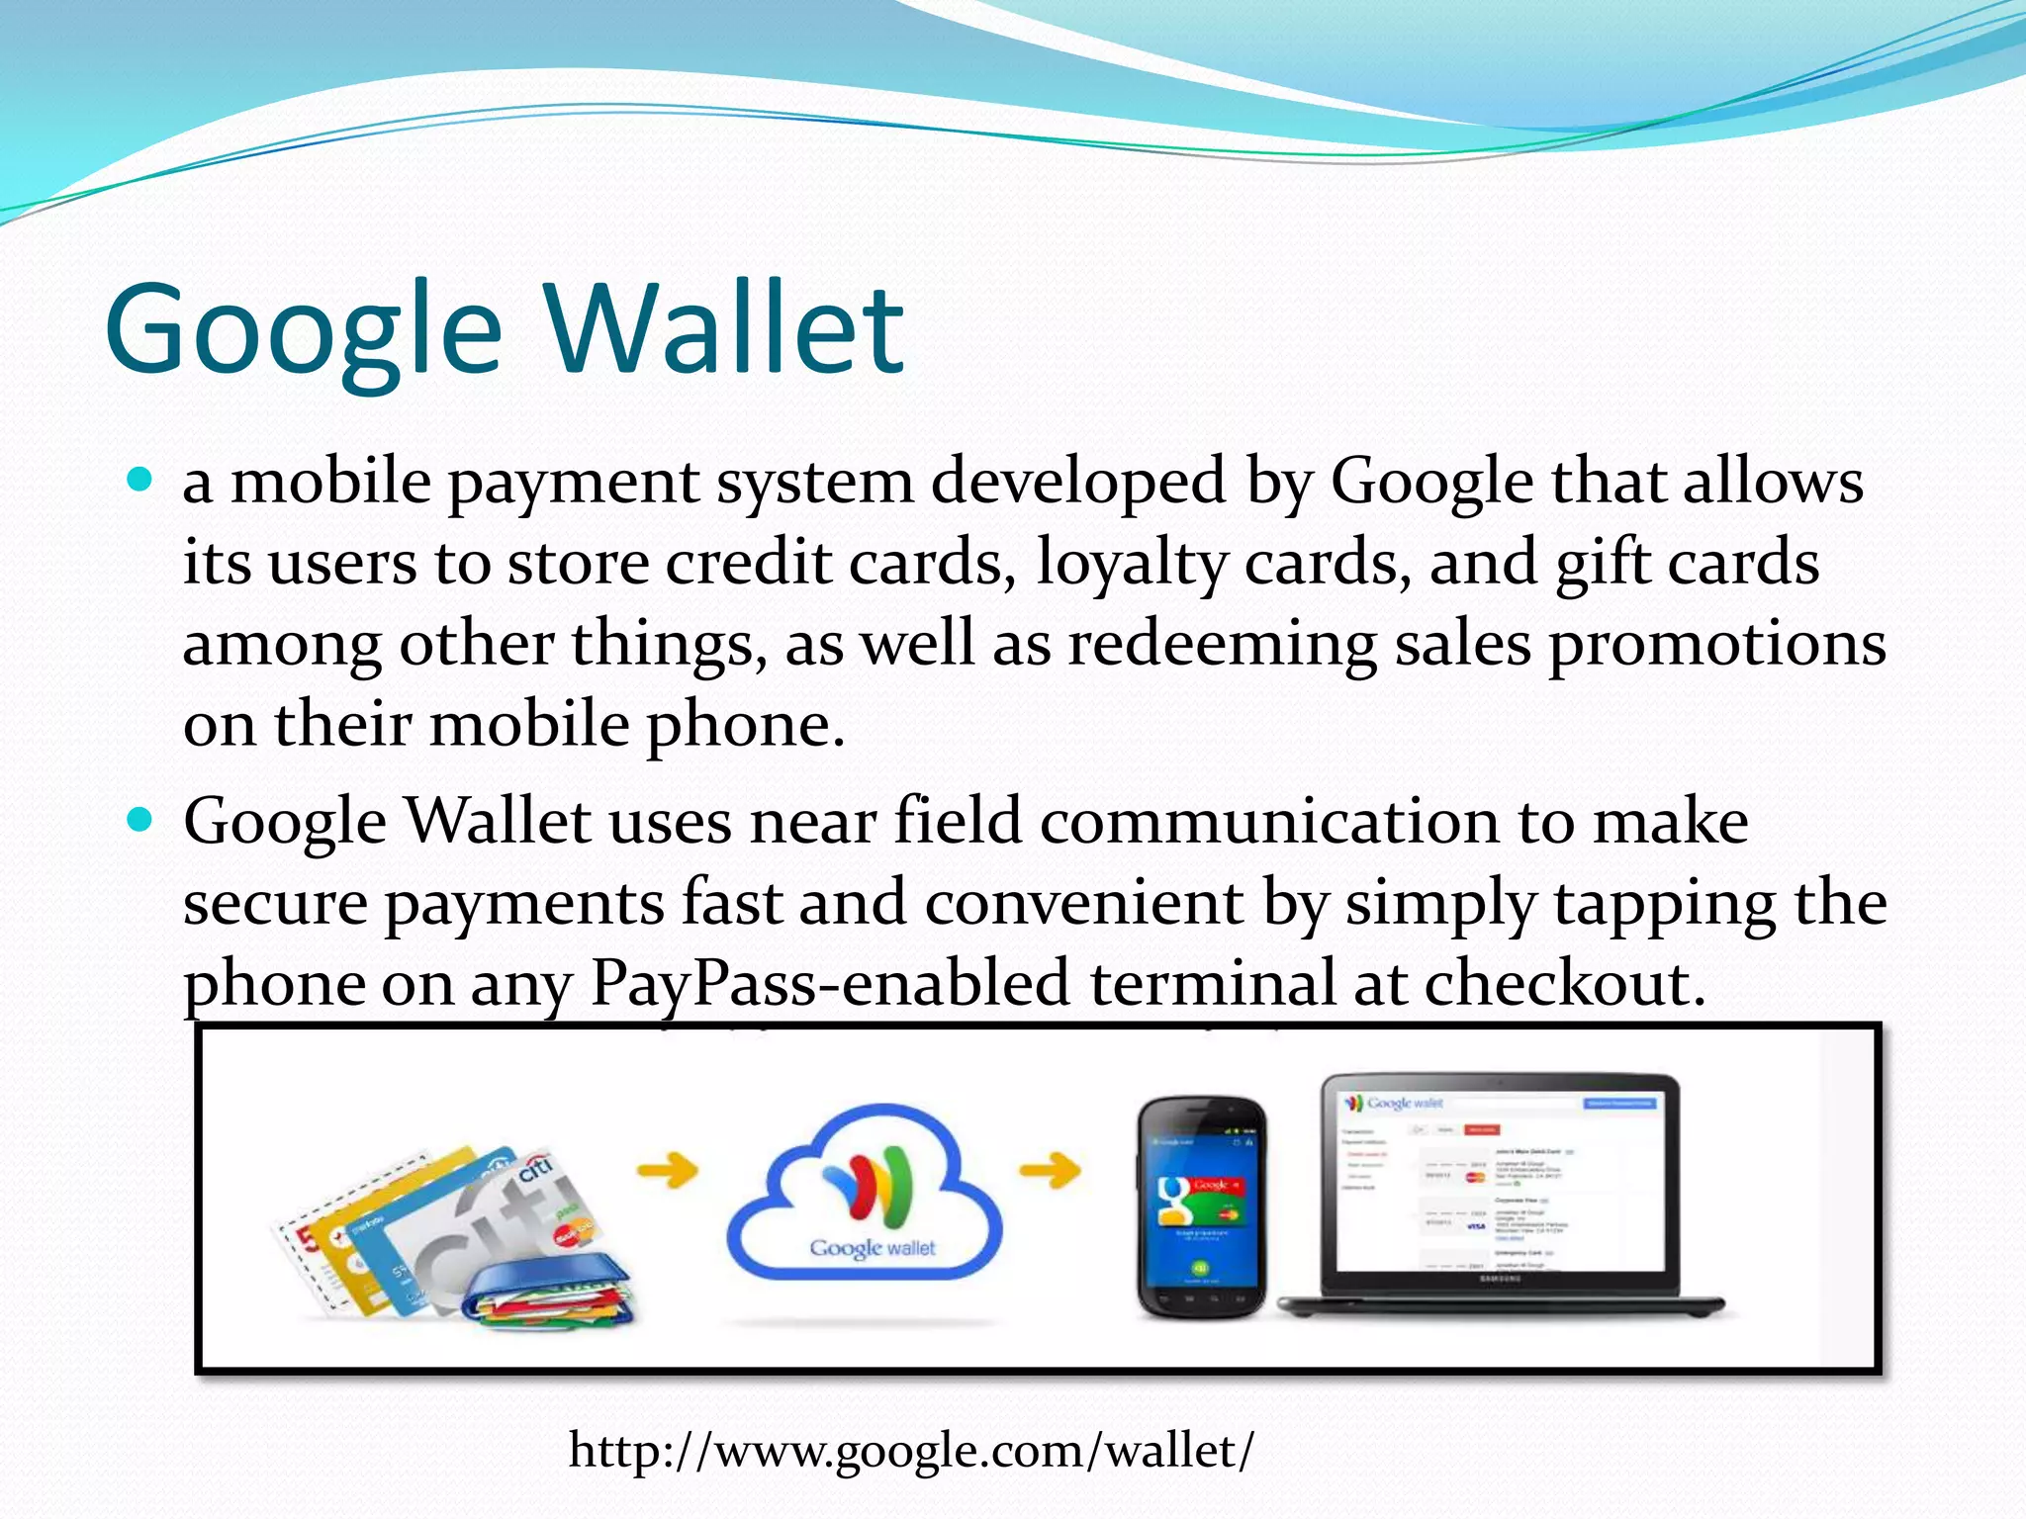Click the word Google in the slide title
coord(303,331)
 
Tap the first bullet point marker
coord(141,481)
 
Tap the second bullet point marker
coord(141,820)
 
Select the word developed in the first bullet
coord(1078,482)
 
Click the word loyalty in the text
coord(1129,564)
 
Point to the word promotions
coord(1716,644)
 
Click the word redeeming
coord(1222,644)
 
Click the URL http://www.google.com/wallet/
coord(910,1451)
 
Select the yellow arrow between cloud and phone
coord(1050,1172)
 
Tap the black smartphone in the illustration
coord(1200,1206)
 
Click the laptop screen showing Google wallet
coord(1499,1182)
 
